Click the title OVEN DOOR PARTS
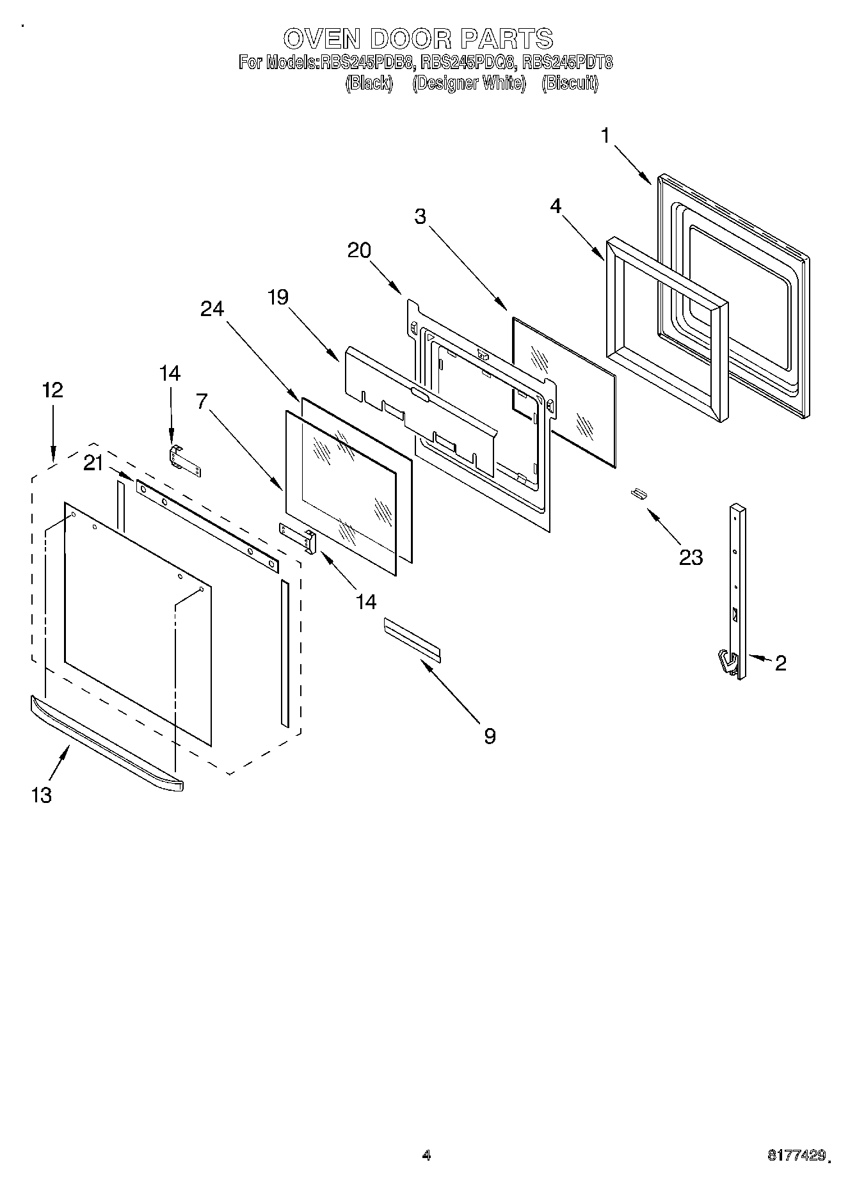pos(418,39)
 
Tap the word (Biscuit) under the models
pos(569,83)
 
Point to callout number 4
pos(556,206)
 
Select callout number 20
pos(359,250)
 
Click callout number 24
pos(212,309)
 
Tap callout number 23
pos(691,557)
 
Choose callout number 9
pos(489,736)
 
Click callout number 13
pos(41,795)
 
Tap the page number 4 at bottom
pos(427,1155)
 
